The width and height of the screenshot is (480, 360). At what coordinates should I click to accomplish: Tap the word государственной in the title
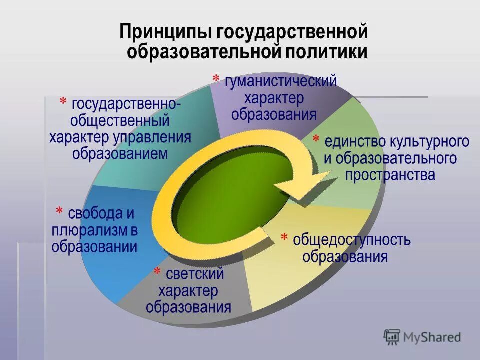[293, 32]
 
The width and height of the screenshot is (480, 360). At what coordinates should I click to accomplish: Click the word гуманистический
[280, 81]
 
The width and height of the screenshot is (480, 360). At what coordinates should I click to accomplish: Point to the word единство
[353, 141]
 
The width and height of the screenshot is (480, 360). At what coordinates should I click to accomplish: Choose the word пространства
[390, 175]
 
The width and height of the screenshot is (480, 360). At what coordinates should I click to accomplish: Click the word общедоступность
[352, 240]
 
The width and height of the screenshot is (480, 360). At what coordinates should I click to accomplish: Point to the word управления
[152, 137]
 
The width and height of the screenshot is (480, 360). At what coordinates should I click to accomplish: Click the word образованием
[120, 153]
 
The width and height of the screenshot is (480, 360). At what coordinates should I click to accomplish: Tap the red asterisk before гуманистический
[216, 79]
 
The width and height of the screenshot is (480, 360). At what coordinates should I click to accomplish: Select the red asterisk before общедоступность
[284, 237]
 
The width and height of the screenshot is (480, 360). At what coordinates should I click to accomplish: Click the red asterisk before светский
[157, 272]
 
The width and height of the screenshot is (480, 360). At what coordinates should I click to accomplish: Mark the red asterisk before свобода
[59, 212]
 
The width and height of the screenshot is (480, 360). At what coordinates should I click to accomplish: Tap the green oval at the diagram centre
[235, 200]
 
